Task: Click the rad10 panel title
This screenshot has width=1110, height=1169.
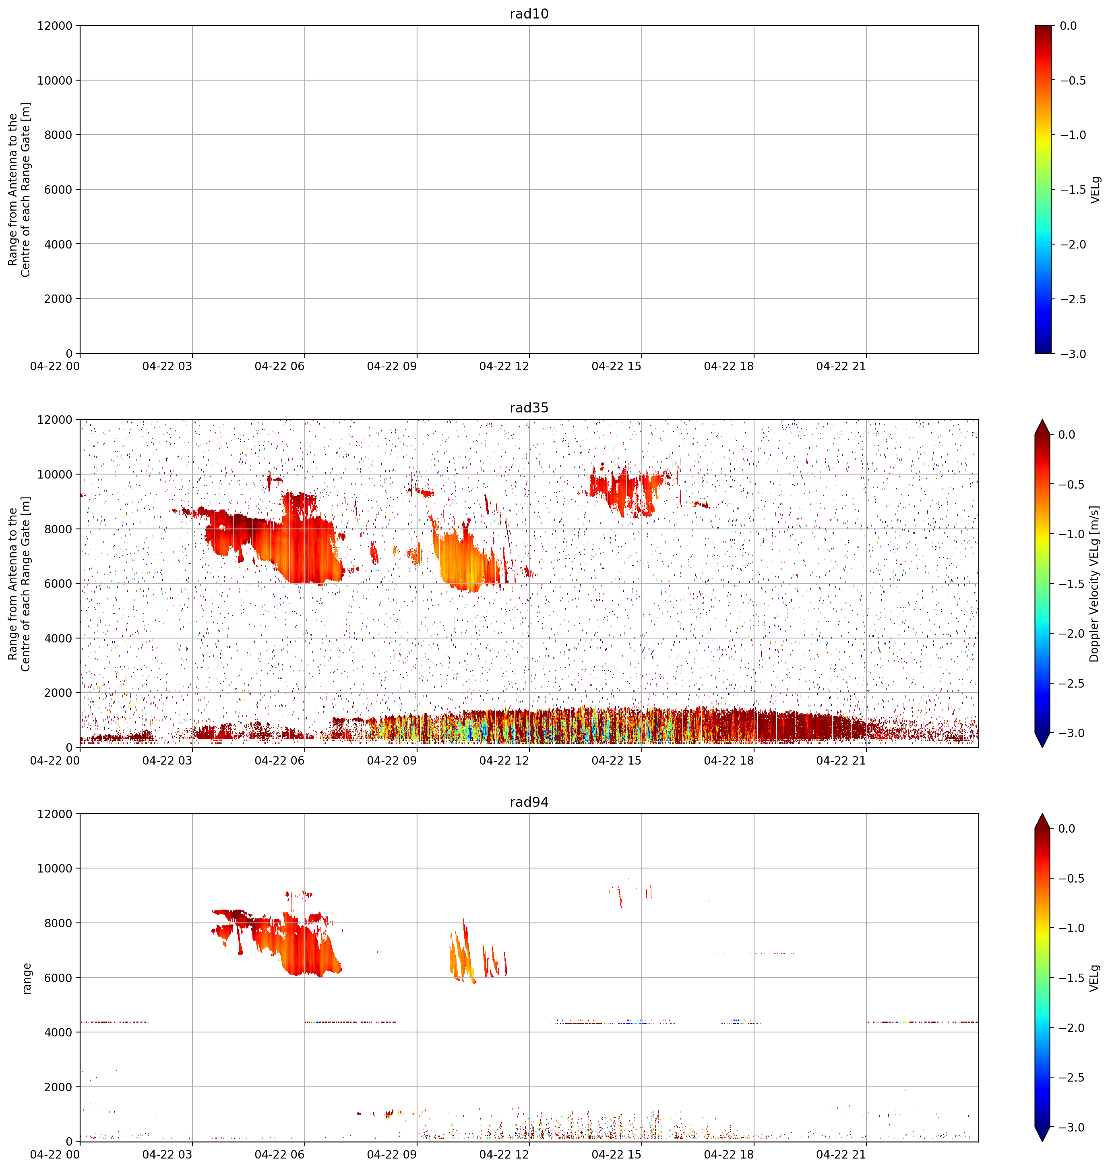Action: pos(529,14)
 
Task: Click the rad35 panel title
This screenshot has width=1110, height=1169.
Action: pos(529,408)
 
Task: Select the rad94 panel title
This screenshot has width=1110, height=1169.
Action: pos(529,802)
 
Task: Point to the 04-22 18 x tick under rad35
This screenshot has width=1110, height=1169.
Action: pos(729,761)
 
